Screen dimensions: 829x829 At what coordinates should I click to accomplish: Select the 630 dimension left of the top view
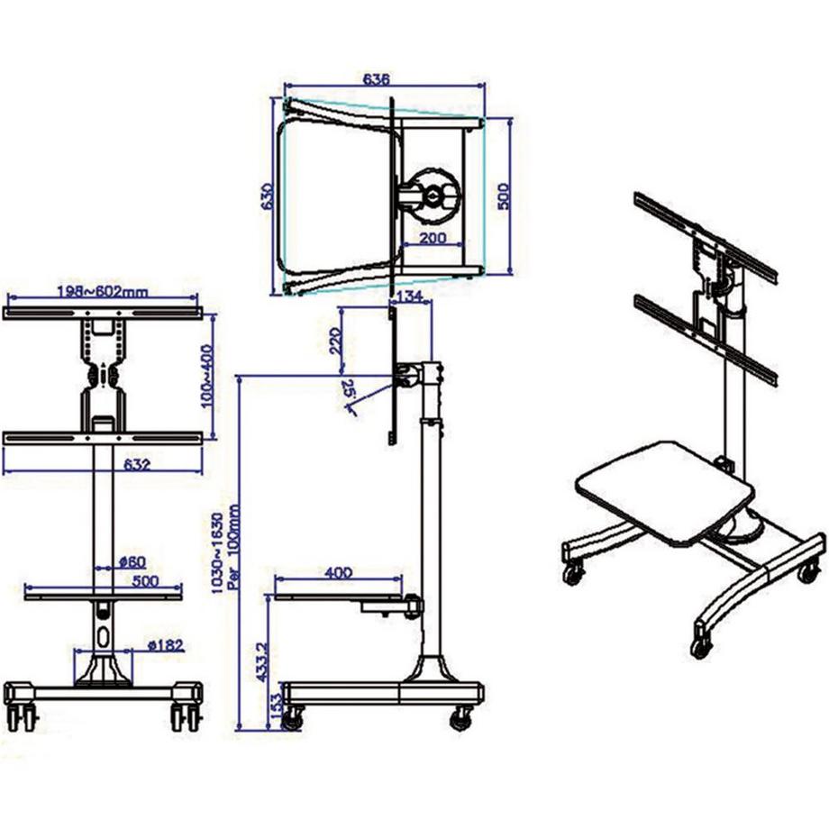[266, 197]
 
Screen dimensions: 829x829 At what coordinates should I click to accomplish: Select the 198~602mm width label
[103, 291]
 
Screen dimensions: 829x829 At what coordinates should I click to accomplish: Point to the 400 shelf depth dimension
[338, 572]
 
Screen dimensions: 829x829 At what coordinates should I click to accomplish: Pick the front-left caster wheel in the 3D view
[572, 572]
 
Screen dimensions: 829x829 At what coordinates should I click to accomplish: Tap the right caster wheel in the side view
[461, 717]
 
